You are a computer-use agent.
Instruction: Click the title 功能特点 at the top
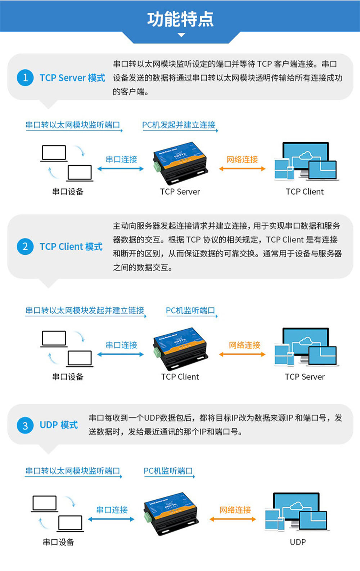tap(180, 19)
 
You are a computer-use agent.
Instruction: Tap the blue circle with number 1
tap(25, 77)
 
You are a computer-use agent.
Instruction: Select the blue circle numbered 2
tap(25, 246)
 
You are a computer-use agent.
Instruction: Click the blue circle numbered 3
tap(25, 425)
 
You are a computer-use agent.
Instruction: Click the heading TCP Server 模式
tap(72, 78)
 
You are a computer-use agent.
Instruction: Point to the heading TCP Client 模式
tap(71, 247)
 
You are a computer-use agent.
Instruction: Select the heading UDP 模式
tap(59, 425)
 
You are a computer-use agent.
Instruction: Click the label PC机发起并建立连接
tap(179, 125)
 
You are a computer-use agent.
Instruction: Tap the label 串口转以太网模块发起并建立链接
tap(85, 311)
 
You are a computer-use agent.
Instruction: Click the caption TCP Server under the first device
tap(180, 192)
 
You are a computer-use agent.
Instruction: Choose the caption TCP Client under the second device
tap(180, 377)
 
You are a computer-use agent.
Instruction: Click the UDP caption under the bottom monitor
tap(298, 542)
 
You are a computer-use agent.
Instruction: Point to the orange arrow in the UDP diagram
tap(233, 519)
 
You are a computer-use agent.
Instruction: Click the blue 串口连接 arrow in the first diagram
tap(121, 169)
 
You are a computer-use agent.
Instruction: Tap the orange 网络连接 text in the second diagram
tap(244, 345)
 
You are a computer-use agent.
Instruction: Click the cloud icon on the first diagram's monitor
tap(305, 155)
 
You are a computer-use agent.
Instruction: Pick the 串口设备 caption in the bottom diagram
tap(58, 542)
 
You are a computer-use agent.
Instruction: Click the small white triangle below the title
tap(181, 35)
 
